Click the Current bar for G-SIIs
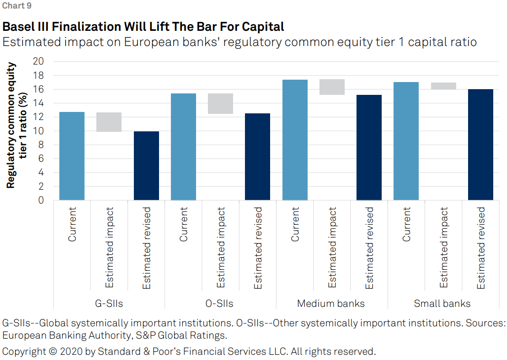(72, 156)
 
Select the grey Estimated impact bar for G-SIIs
(109, 122)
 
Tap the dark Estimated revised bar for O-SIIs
(257, 157)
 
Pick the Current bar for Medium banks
(295, 140)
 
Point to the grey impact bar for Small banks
(443, 86)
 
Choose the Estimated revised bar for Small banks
(480, 145)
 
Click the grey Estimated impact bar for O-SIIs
(220, 103)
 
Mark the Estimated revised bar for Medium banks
(369, 148)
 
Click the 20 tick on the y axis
(38, 62)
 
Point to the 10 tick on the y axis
(38, 131)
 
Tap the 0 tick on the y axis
(41, 200)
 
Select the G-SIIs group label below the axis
(109, 304)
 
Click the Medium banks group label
(331, 304)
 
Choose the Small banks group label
(442, 304)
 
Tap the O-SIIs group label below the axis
(220, 304)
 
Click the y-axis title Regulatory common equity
(11, 126)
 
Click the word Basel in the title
(18, 26)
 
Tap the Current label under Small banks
(406, 224)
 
